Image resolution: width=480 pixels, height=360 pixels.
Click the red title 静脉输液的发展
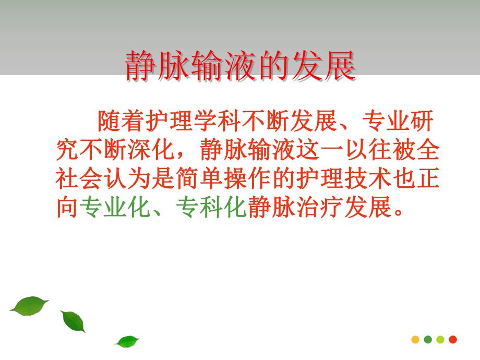coord(240,66)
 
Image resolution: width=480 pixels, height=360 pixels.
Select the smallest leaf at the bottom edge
coord(127,342)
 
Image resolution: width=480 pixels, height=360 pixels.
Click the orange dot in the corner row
coord(415,339)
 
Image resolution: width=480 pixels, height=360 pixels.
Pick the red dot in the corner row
coord(452,339)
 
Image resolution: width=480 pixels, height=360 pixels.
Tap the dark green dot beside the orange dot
coord(428,339)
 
